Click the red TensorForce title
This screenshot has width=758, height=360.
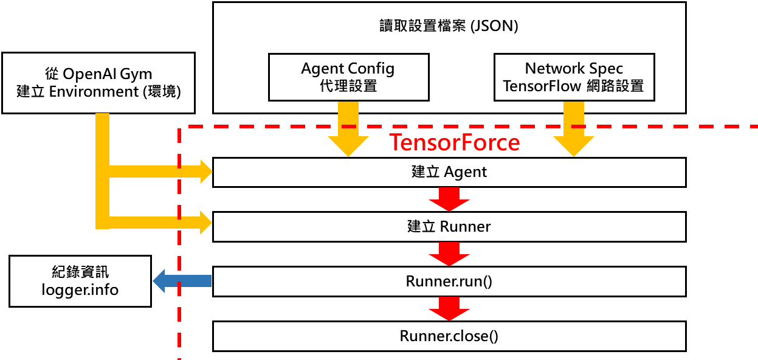click(x=454, y=142)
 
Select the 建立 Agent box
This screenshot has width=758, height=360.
click(x=449, y=172)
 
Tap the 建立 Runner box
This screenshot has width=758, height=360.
click(x=449, y=227)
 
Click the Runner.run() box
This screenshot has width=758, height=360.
click(x=449, y=282)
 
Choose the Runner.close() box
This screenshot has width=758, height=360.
click(x=449, y=336)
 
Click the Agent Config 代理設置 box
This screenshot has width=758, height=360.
click(x=348, y=77)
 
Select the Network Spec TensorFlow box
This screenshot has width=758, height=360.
click(x=574, y=77)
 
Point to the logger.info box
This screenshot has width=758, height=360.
click(x=80, y=281)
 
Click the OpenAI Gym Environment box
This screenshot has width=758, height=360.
click(x=98, y=83)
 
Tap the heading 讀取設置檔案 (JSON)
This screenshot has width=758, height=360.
click(x=449, y=27)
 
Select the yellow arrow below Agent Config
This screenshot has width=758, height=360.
click(x=348, y=131)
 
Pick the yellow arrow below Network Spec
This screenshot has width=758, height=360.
click(x=574, y=131)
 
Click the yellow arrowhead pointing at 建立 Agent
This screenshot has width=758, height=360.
click(x=204, y=172)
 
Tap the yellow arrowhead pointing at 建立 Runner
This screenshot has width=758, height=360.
click(x=204, y=223)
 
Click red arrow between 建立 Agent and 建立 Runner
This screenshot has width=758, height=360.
click(x=449, y=199)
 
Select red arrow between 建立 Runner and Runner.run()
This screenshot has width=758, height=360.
click(x=449, y=254)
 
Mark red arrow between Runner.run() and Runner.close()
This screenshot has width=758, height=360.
click(x=449, y=308)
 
